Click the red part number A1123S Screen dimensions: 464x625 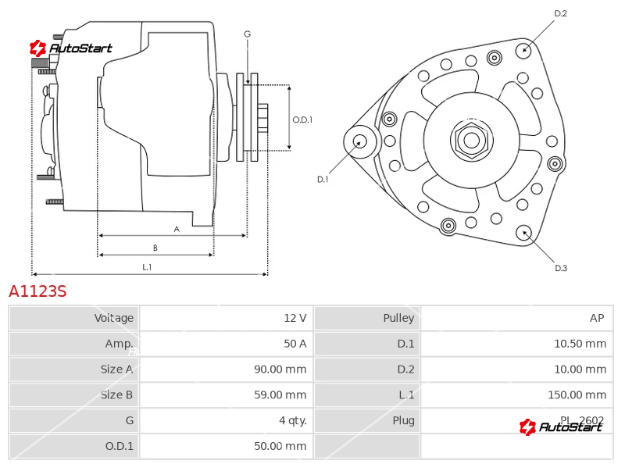(x=37, y=292)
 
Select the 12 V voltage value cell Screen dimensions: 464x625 (x=295, y=318)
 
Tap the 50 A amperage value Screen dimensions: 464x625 (x=295, y=344)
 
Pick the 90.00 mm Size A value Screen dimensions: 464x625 (x=280, y=369)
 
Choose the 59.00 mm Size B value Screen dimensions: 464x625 (x=280, y=394)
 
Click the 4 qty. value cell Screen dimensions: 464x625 (x=290, y=420)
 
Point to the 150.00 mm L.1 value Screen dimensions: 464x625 (x=577, y=394)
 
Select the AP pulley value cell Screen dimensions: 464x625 (x=597, y=318)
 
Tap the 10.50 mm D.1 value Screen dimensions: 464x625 (x=580, y=344)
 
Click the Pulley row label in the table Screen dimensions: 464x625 (x=398, y=318)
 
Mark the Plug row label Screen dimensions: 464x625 (x=403, y=420)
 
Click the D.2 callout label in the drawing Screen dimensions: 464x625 (x=560, y=13)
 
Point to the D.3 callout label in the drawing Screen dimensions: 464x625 (x=561, y=268)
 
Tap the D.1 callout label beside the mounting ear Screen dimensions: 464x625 (x=323, y=179)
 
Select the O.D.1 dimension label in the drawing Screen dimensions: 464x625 (x=302, y=120)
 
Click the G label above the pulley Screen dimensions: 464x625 (x=247, y=34)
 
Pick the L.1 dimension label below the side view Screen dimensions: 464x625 (x=147, y=267)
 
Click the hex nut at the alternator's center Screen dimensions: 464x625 (x=471, y=141)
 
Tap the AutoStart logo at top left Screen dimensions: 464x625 (x=71, y=48)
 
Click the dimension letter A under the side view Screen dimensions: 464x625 (x=177, y=229)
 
